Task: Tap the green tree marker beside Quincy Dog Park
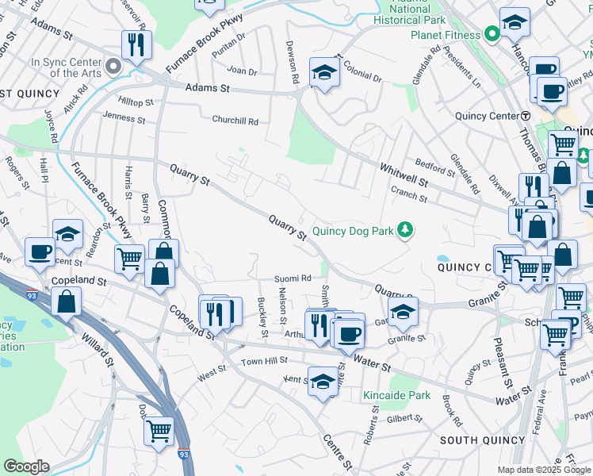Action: pos(406,231)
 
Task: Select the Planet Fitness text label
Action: pos(445,35)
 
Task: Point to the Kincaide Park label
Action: pos(396,395)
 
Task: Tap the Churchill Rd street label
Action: pos(235,121)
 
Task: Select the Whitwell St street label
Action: pos(403,175)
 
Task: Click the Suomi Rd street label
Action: pos(293,278)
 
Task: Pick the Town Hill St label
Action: pos(264,362)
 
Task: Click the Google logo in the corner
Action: pos(25,466)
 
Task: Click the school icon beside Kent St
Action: pos(323,382)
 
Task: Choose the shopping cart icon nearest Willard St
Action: pos(159,431)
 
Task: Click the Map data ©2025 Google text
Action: pos(544,470)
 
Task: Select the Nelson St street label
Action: pos(282,305)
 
